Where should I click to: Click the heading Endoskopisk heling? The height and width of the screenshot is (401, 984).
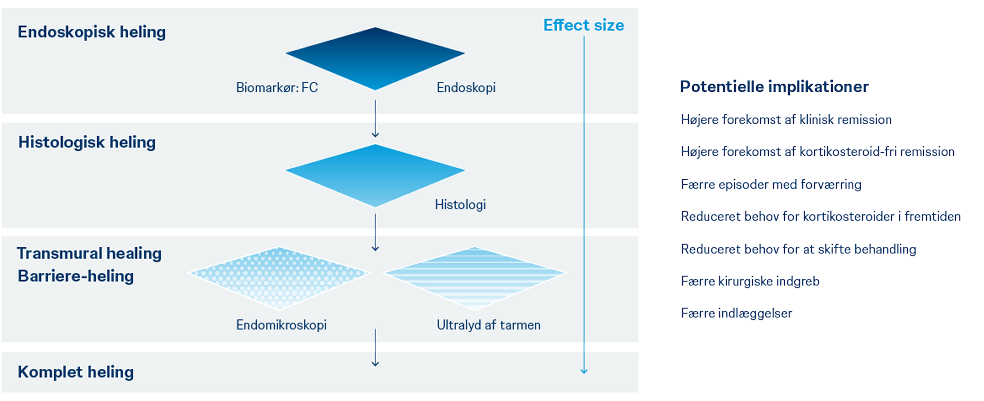92,32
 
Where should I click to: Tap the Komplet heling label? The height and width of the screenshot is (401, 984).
76,372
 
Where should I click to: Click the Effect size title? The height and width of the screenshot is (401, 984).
583,26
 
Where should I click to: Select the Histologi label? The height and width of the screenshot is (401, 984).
460,205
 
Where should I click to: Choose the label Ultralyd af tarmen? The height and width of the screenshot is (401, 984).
489,325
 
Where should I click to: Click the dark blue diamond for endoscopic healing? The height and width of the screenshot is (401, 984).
375,57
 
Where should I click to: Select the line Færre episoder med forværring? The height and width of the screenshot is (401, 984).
771,185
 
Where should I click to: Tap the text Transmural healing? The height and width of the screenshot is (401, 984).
89,254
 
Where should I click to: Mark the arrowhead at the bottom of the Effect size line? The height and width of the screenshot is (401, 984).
584,371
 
